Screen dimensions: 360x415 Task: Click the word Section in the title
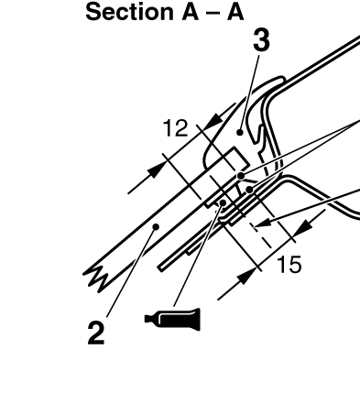[129, 12]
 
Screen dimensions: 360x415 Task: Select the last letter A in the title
[235, 12]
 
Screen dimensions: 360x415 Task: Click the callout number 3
[262, 40]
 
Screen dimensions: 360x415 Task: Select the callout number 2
[96, 333]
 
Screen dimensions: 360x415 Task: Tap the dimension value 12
[176, 128]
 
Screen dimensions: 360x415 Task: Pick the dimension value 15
[289, 264]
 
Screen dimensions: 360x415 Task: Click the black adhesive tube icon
[173, 319]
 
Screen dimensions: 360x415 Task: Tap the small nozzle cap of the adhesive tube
[148, 319]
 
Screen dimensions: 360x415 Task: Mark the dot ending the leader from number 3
[240, 132]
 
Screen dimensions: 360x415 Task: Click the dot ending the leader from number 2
[156, 227]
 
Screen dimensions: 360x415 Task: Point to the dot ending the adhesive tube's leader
[223, 202]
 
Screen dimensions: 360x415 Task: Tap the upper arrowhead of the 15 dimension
[302, 226]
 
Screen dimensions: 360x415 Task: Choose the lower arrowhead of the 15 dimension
[246, 277]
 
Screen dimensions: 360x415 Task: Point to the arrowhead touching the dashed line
[260, 224]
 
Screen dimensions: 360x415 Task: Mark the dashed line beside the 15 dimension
[261, 236]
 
